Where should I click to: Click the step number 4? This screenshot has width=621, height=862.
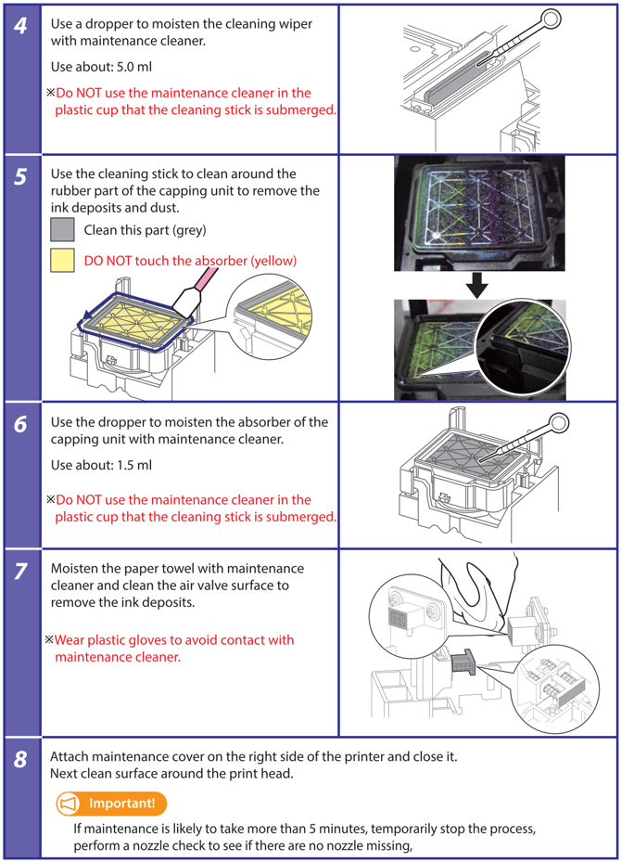click(x=20, y=25)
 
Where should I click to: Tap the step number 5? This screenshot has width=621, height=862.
click(x=20, y=176)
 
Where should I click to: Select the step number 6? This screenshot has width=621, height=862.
click(x=20, y=423)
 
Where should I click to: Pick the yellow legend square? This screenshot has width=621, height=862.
click(x=62, y=261)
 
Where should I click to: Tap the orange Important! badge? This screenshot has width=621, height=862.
click(x=112, y=803)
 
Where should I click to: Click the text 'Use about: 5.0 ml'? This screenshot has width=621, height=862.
click(x=101, y=68)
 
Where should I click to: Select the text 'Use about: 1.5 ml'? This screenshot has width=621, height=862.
click(x=101, y=465)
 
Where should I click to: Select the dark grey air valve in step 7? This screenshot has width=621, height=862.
click(x=463, y=664)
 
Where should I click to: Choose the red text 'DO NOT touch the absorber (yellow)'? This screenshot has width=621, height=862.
click(x=190, y=261)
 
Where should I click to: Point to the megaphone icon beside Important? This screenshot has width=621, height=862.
click(x=70, y=803)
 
